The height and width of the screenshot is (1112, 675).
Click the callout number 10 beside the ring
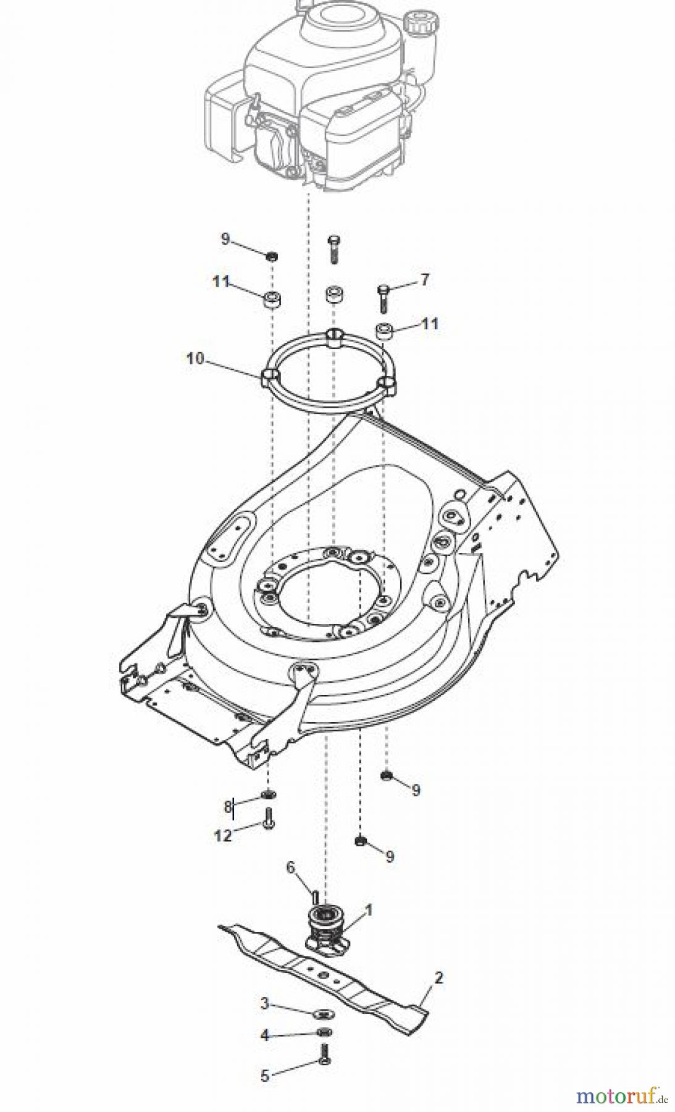195,358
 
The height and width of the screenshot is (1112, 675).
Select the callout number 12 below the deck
223,836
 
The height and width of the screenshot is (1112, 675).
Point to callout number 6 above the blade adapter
290,868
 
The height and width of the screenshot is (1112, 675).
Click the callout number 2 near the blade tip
438,978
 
